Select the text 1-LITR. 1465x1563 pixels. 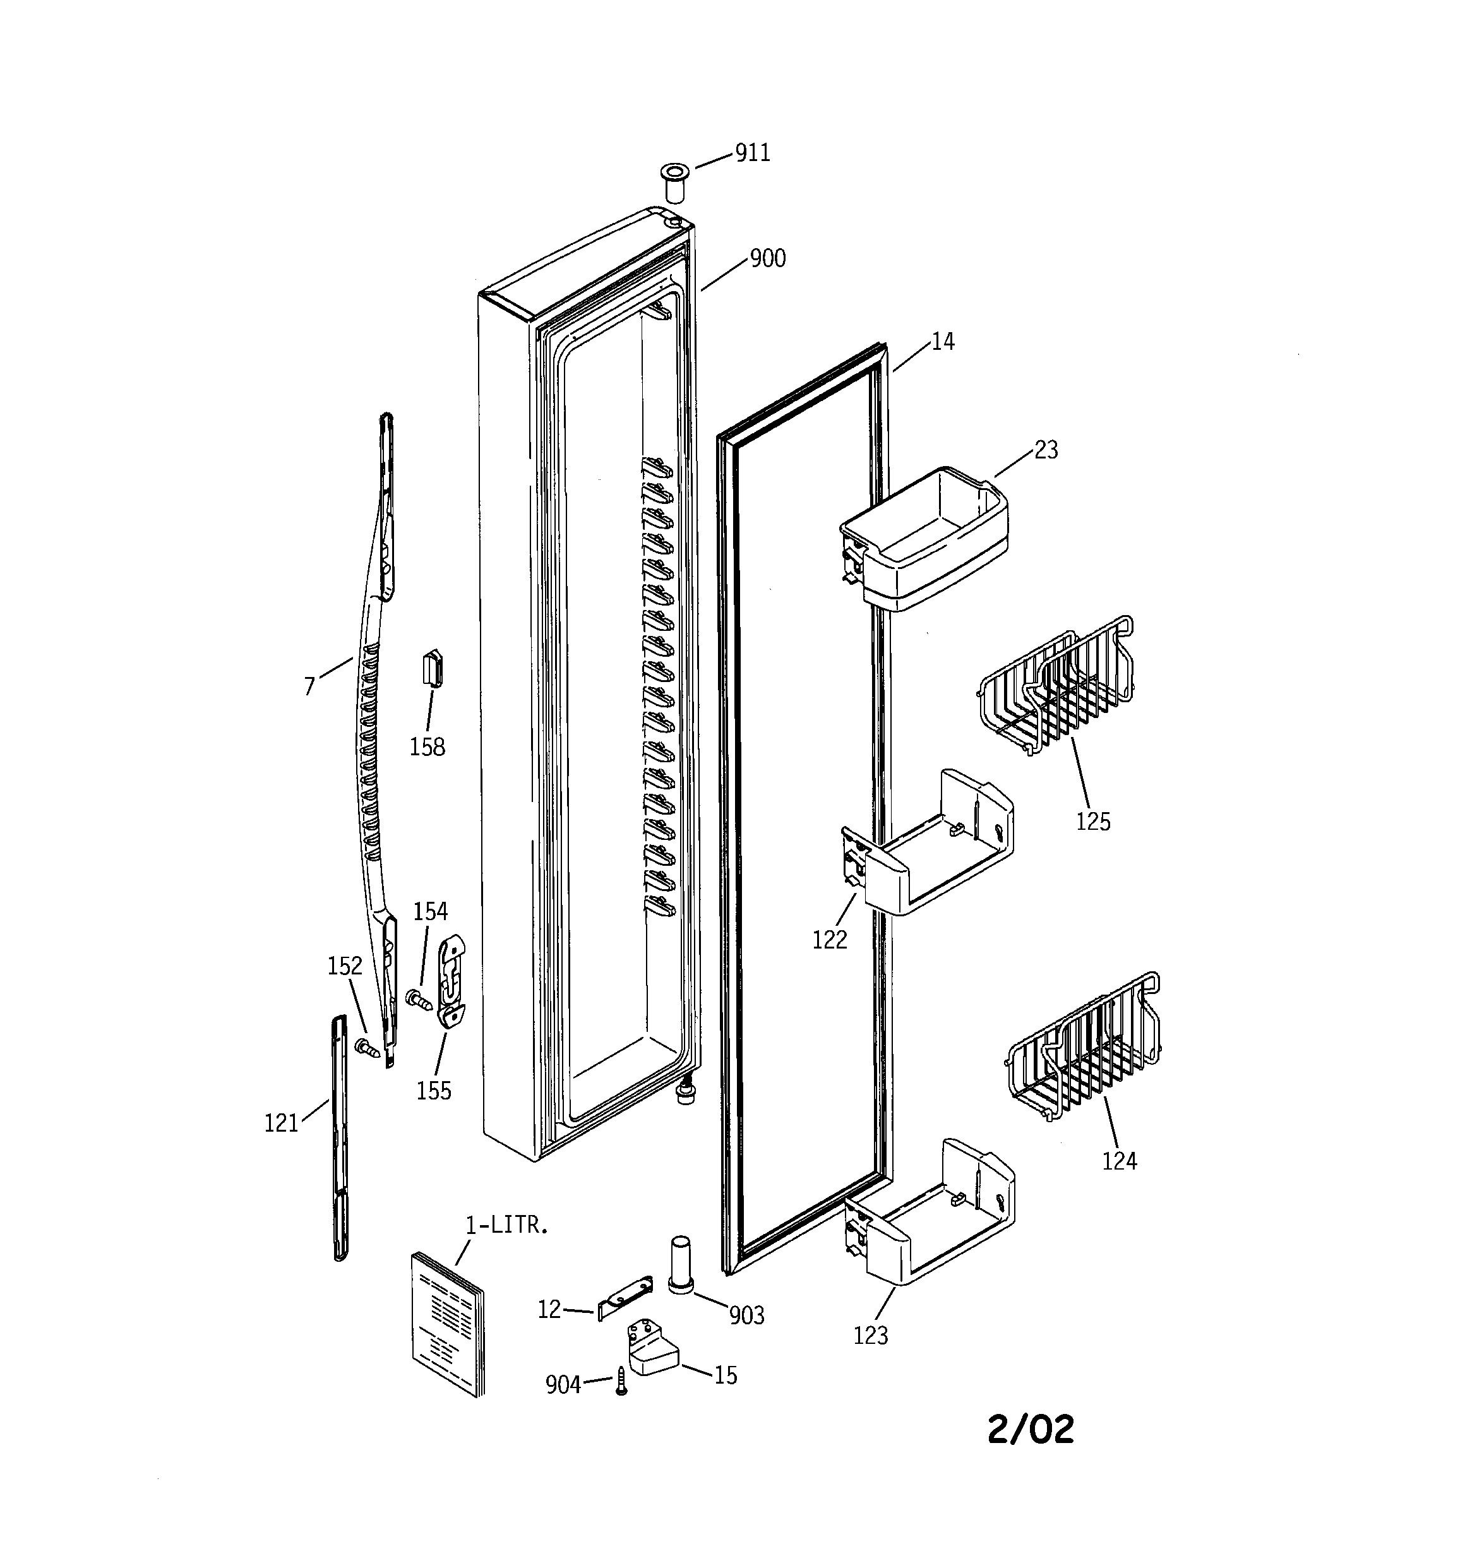506,1226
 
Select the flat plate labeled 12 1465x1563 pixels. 625,1297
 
